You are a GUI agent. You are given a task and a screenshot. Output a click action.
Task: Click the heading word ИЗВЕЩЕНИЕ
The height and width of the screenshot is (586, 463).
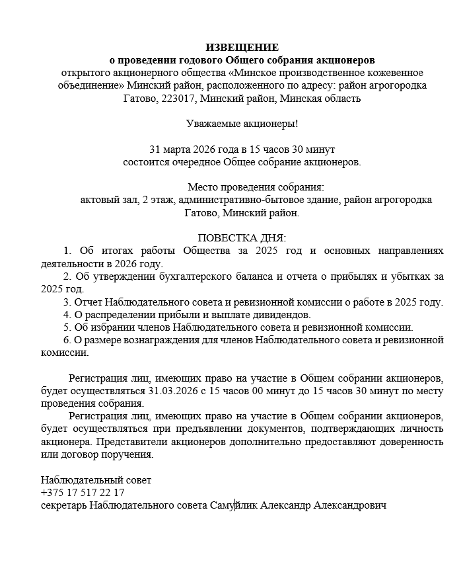242,48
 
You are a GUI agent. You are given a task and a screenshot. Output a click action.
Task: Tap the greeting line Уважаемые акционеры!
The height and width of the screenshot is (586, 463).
242,124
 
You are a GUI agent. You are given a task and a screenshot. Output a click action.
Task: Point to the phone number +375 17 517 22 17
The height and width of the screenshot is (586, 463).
83,493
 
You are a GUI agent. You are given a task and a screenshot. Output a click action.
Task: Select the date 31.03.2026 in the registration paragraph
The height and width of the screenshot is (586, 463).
173,391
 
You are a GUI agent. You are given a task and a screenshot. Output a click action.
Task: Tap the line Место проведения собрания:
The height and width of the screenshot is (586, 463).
256,187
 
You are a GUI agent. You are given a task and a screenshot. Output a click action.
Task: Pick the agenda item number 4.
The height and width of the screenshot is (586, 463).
66,315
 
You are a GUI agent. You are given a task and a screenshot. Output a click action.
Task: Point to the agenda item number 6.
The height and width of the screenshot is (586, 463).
66,340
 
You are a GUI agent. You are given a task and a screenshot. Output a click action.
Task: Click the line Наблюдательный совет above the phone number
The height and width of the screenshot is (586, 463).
96,480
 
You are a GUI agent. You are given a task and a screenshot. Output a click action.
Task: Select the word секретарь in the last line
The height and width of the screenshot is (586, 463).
63,505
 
